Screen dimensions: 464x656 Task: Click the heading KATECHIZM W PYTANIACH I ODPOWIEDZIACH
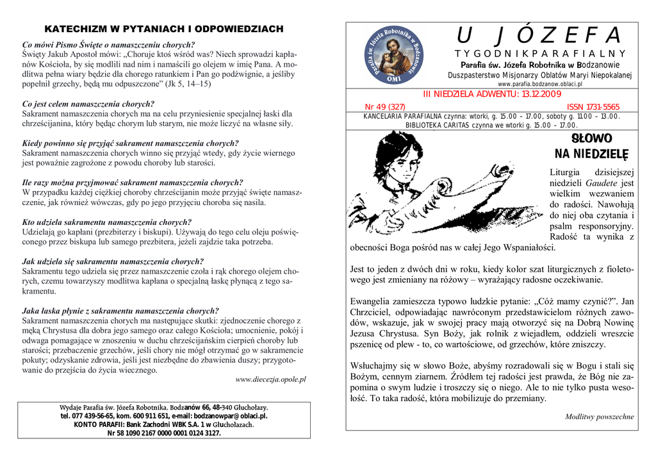pyautogui.click(x=163, y=29)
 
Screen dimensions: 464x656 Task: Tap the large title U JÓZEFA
pyautogui.click(x=539, y=35)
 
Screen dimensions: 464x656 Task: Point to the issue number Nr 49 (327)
pyautogui.click(x=384, y=106)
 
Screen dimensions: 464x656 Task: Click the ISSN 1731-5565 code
pyautogui.click(x=593, y=106)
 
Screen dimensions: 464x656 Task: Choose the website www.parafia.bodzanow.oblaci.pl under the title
pyautogui.click(x=539, y=84)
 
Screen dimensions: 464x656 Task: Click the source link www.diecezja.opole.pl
pyautogui.click(x=270, y=379)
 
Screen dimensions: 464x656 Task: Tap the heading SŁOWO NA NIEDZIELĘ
pyautogui.click(x=591, y=146)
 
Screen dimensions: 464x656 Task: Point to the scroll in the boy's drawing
pyautogui.click(x=474, y=199)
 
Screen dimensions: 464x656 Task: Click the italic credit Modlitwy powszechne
pyautogui.click(x=599, y=417)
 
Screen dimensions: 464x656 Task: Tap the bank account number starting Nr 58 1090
pyautogui.click(x=163, y=433)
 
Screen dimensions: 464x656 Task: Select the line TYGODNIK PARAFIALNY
pyautogui.click(x=539, y=54)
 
